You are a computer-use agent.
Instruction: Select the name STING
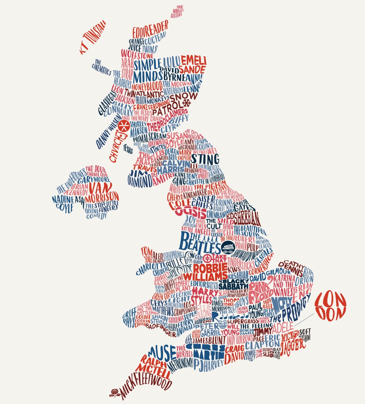point(205,159)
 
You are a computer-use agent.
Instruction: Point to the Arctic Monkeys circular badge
point(228,248)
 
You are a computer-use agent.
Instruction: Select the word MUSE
point(162,351)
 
